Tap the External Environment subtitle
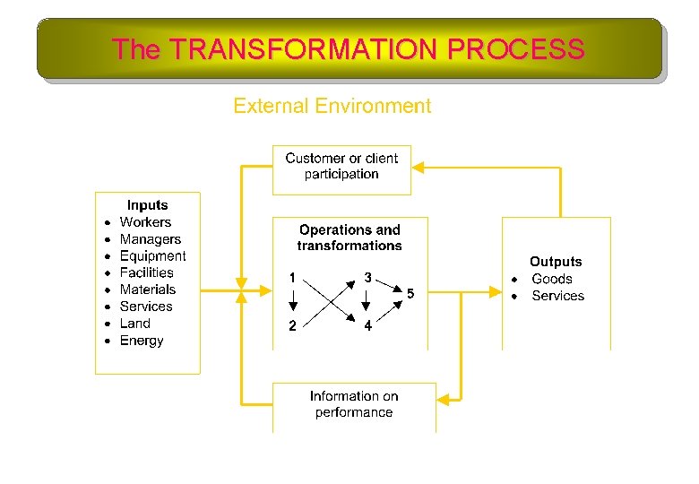(332, 106)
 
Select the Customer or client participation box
(341, 167)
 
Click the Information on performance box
(353, 404)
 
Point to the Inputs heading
(147, 205)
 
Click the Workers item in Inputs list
(145, 222)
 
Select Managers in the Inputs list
(150, 239)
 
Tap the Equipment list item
(152, 256)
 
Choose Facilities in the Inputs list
(146, 272)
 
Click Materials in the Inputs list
(148, 290)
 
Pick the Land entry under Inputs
(134, 324)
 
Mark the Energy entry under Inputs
(142, 341)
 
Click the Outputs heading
(556, 262)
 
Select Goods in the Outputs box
(551, 279)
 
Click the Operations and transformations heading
(349, 238)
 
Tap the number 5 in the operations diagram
(410, 294)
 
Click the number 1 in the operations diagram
(292, 278)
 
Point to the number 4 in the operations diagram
(367, 326)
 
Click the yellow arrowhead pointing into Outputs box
(496, 290)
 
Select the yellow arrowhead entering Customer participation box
(418, 168)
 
